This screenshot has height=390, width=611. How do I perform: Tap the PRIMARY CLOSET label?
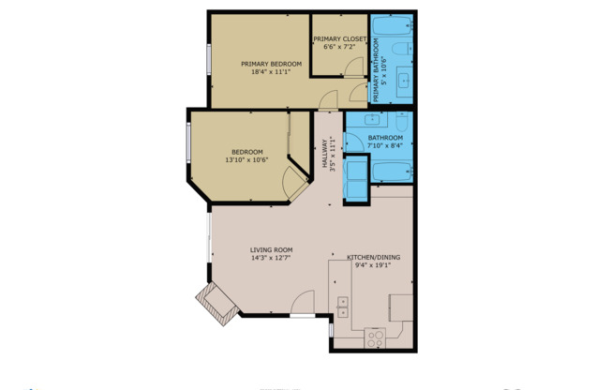click(339, 38)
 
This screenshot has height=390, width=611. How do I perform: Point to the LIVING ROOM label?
click(272, 249)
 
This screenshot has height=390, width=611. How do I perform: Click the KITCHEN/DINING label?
click(374, 256)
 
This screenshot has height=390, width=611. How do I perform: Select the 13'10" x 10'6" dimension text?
click(246, 160)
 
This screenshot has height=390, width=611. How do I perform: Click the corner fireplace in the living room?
click(215, 304)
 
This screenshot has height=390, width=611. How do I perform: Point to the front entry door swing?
click(303, 303)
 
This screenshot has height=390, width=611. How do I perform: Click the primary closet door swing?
click(353, 66)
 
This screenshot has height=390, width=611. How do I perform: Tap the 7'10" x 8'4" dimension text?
click(384, 145)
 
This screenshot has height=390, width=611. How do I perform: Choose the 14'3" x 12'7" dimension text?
click(272, 258)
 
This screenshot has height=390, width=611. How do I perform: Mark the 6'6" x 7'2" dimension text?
click(339, 47)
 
